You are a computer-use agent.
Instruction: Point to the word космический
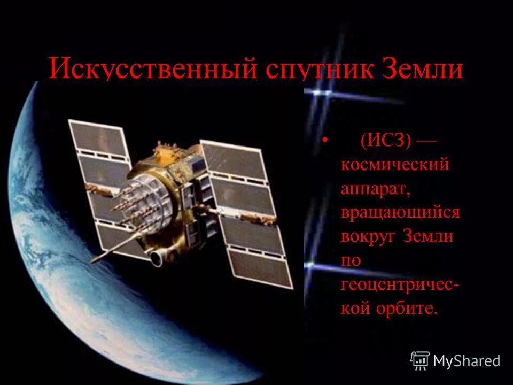[395, 165]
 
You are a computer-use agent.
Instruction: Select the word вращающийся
[400, 213]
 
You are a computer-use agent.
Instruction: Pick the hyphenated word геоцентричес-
[400, 285]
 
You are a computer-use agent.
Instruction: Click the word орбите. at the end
[411, 309]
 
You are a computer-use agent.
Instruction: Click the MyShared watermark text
[467, 361]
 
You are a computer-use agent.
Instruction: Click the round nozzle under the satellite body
[156, 258]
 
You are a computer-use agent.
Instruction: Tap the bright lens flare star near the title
[321, 92]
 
